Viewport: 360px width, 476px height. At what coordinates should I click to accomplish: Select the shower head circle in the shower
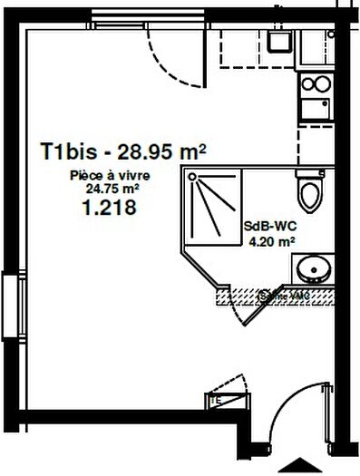[192, 179]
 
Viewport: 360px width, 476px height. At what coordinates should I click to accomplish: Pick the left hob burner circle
[308, 84]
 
